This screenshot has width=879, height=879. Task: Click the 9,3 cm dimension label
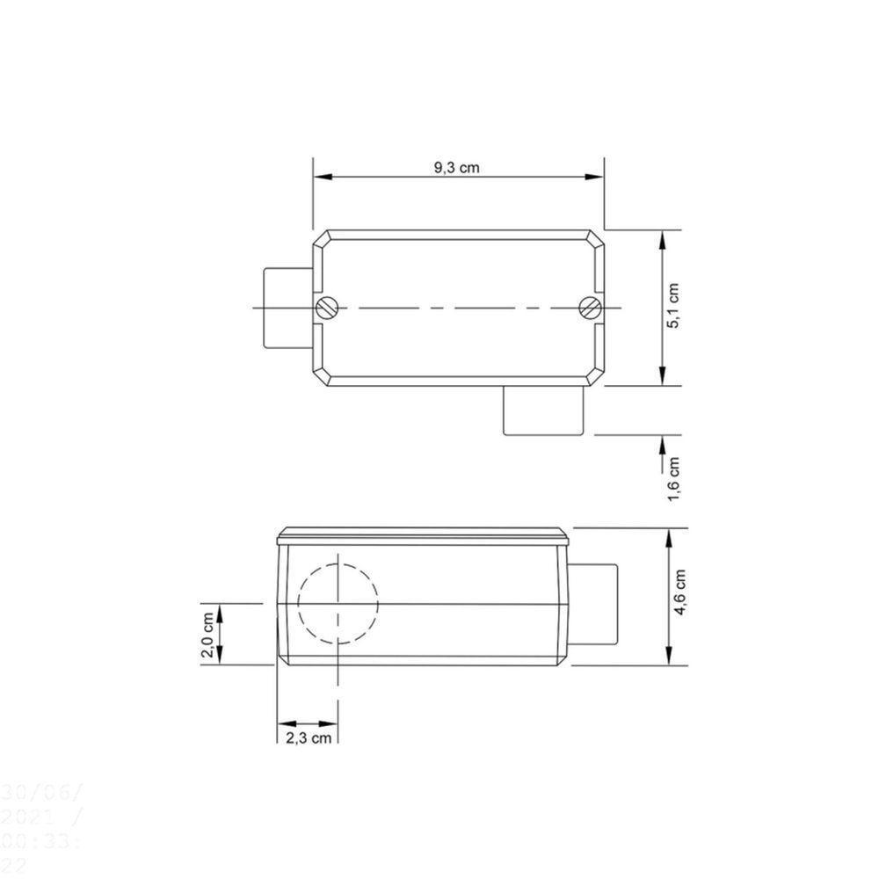pyautogui.click(x=457, y=168)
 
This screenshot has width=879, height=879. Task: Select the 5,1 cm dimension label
pyautogui.click(x=674, y=306)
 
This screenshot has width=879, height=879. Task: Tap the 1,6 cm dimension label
pyautogui.click(x=674, y=479)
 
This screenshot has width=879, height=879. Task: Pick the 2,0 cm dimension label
pyautogui.click(x=207, y=635)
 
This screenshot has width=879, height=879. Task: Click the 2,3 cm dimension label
pyautogui.click(x=309, y=737)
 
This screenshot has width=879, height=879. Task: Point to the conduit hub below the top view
pyautogui.click(x=544, y=410)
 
